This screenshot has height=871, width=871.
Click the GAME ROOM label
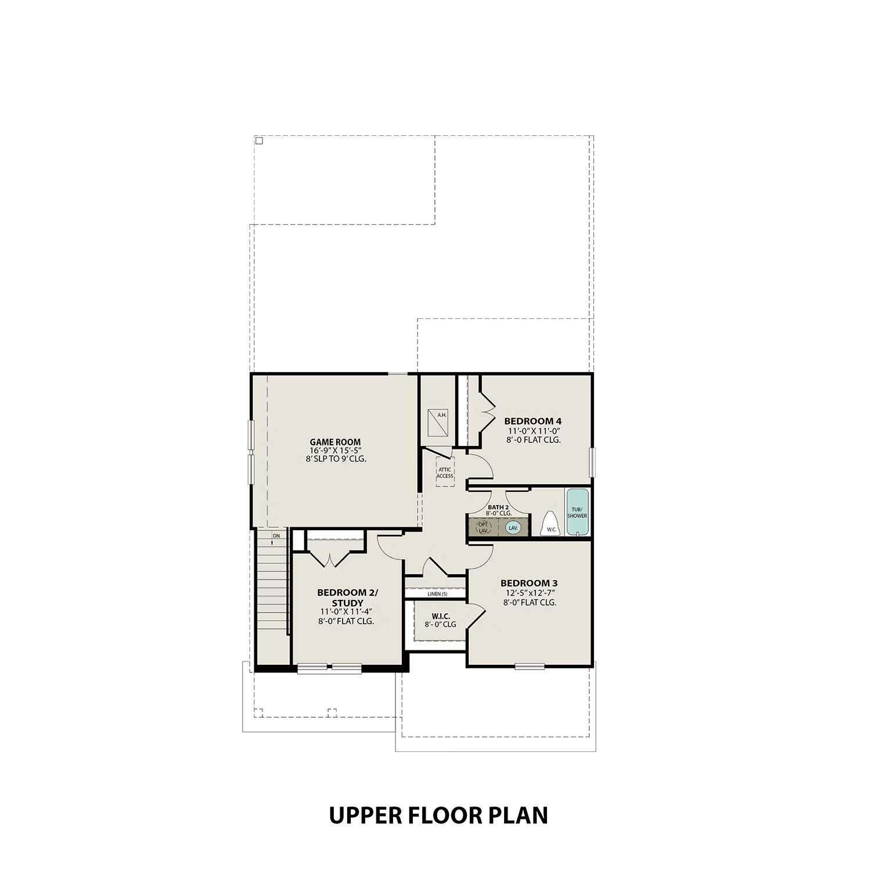pos(335,442)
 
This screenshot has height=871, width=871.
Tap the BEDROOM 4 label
pos(532,421)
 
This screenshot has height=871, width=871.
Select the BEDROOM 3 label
pos(529,583)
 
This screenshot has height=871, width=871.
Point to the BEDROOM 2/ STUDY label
pos(347,598)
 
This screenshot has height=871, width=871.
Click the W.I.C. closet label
pos(440,616)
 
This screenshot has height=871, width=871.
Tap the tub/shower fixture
pos(577,512)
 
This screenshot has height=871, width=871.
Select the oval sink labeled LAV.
pos(513,528)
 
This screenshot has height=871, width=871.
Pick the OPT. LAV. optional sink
pos(483,528)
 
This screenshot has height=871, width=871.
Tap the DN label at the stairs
pos(276,536)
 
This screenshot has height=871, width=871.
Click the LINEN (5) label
pos(437,594)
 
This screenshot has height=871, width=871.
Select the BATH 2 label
pos(498,507)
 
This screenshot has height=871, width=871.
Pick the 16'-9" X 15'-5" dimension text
pos(336,451)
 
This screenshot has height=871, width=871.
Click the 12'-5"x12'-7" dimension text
pos(530,593)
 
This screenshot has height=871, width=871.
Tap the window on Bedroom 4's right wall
pos(592,462)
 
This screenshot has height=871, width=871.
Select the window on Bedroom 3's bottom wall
pos(530,667)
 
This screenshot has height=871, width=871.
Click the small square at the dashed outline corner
pos(259,141)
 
